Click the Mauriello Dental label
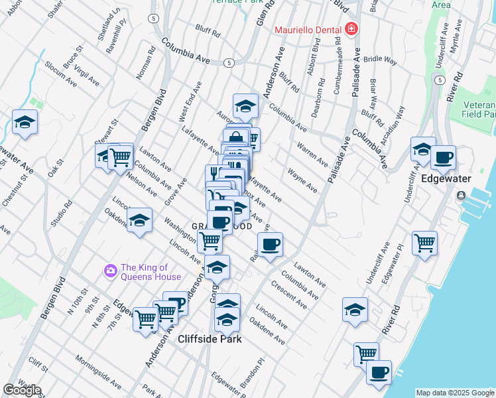click(308, 30)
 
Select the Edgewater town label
click(446, 179)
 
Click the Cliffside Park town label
click(210, 339)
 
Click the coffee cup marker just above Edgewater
click(443, 159)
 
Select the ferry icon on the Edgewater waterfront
click(460, 196)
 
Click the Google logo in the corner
click(22, 390)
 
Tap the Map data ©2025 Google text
click(454, 393)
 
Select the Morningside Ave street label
click(97, 374)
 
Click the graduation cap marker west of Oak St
click(25, 123)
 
